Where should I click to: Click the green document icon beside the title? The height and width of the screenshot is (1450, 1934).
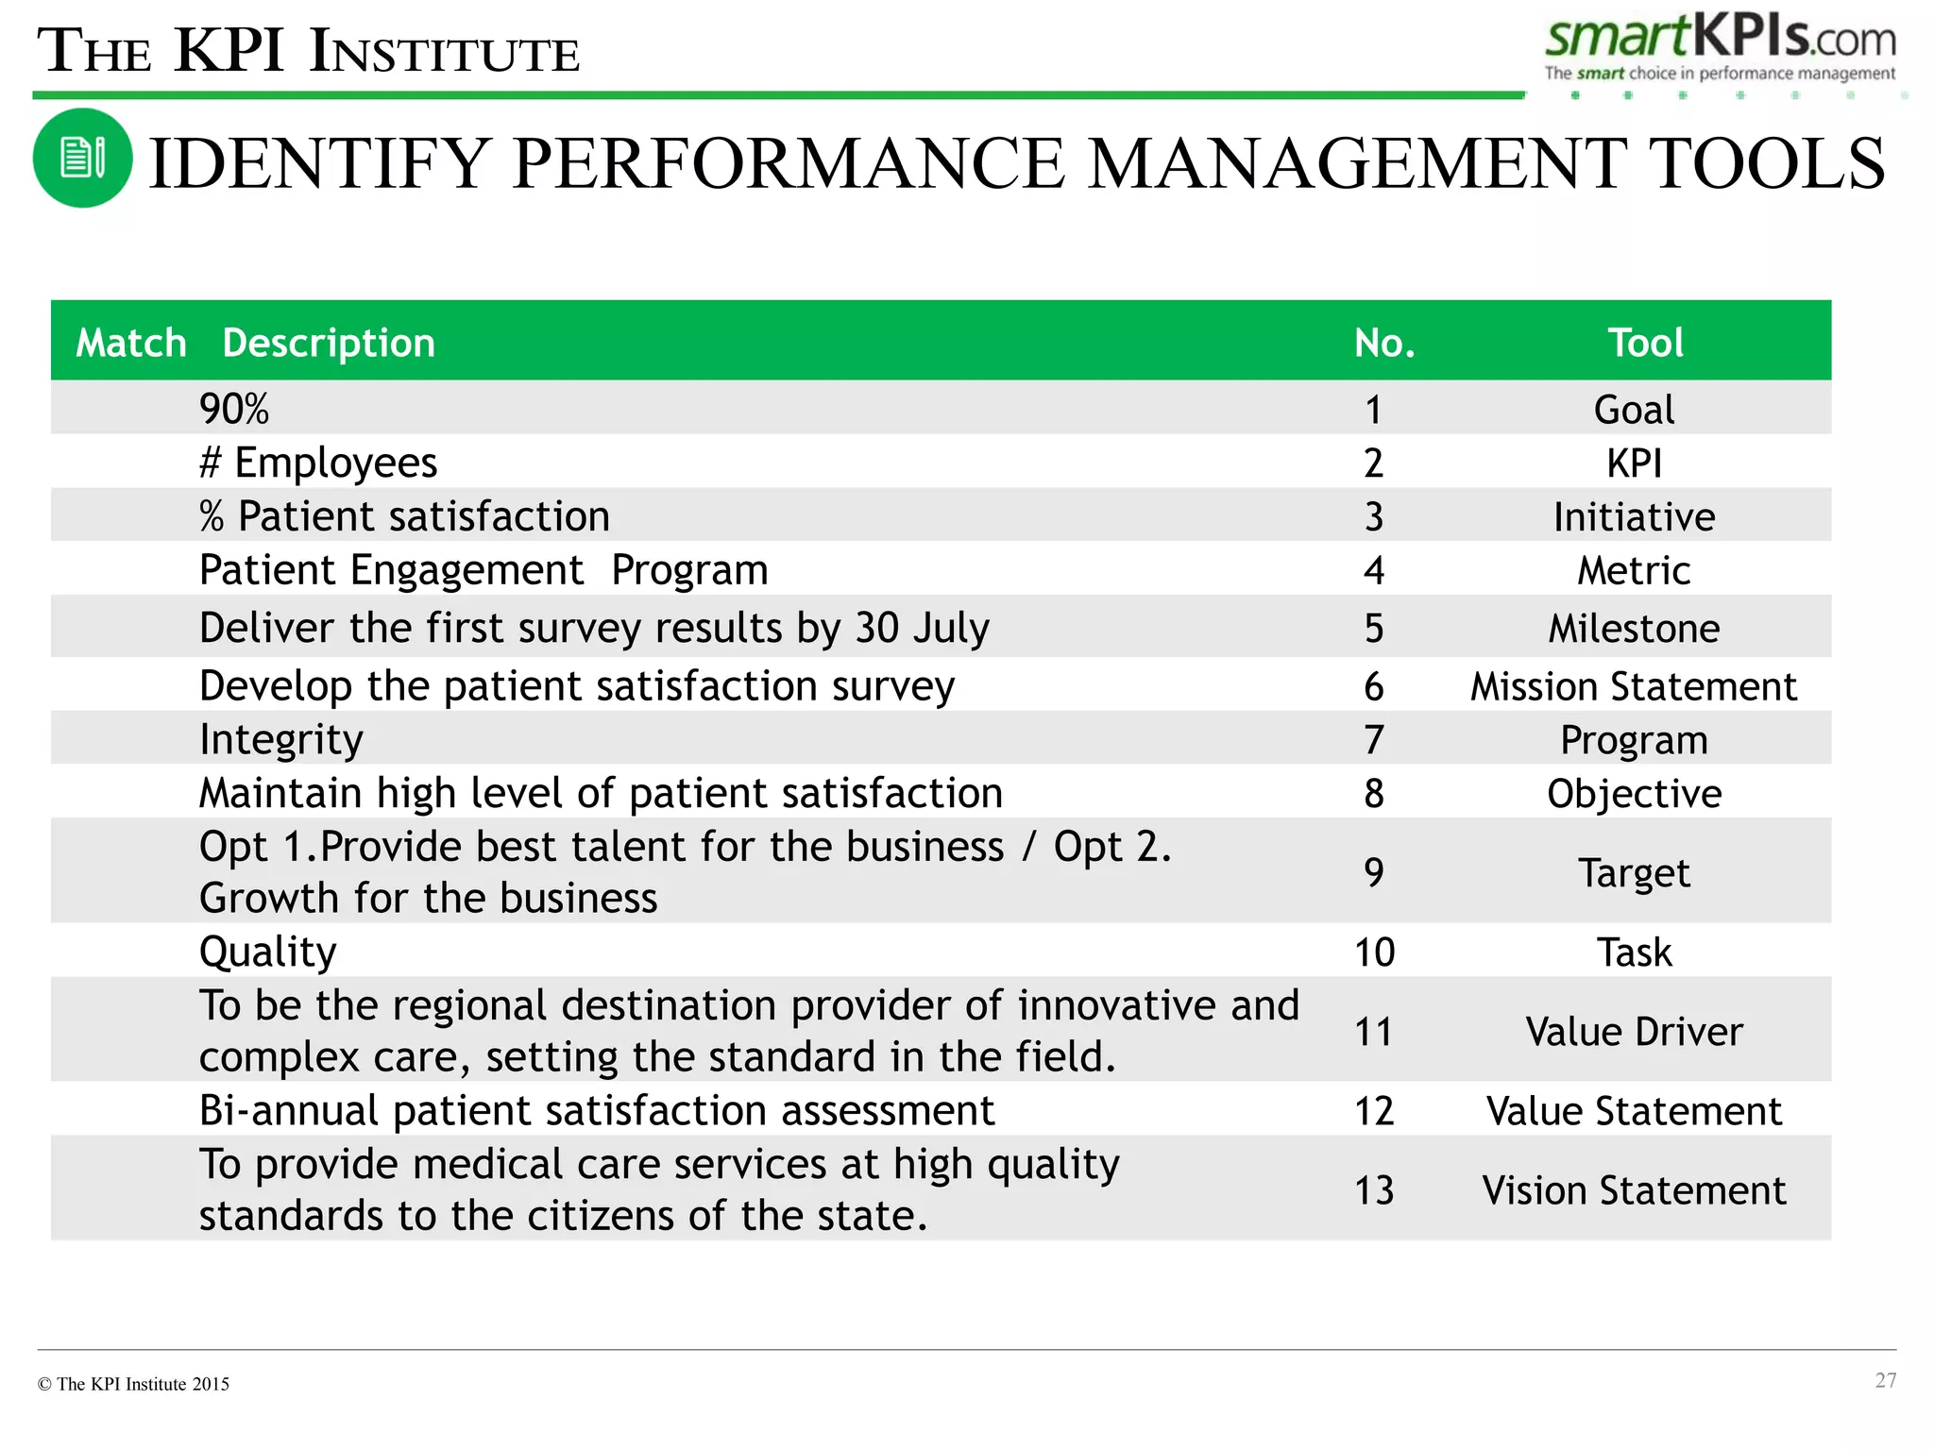pos(82,158)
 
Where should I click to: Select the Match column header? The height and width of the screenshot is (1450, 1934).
pos(130,343)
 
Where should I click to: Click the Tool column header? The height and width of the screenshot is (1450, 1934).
pos(1645,343)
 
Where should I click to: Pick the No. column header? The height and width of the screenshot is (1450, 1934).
pos(1383,343)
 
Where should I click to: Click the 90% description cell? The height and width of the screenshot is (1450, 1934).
pos(234,409)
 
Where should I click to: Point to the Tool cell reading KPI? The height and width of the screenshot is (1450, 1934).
pos(1634,464)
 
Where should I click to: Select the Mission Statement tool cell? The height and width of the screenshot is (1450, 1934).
pos(1633,686)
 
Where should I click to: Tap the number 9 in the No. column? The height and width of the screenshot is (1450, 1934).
pos(1374,872)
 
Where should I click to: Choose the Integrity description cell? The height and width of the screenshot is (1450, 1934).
pos(280,739)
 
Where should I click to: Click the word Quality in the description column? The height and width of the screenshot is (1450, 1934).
pos(267,952)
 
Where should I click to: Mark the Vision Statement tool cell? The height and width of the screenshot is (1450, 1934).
pos(1633,1190)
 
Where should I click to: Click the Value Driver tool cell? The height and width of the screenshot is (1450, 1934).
pos(1633,1032)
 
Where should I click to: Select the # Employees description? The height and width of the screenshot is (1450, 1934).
pos(318,463)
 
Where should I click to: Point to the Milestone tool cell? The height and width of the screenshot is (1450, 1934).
pos(1633,629)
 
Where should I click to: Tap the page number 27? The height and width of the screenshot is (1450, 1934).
pos(1885,1380)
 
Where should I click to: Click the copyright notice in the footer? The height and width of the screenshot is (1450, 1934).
pos(133,1384)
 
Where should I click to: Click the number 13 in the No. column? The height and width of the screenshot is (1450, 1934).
pos(1374,1190)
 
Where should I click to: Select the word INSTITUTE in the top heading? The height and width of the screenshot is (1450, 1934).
pos(445,53)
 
